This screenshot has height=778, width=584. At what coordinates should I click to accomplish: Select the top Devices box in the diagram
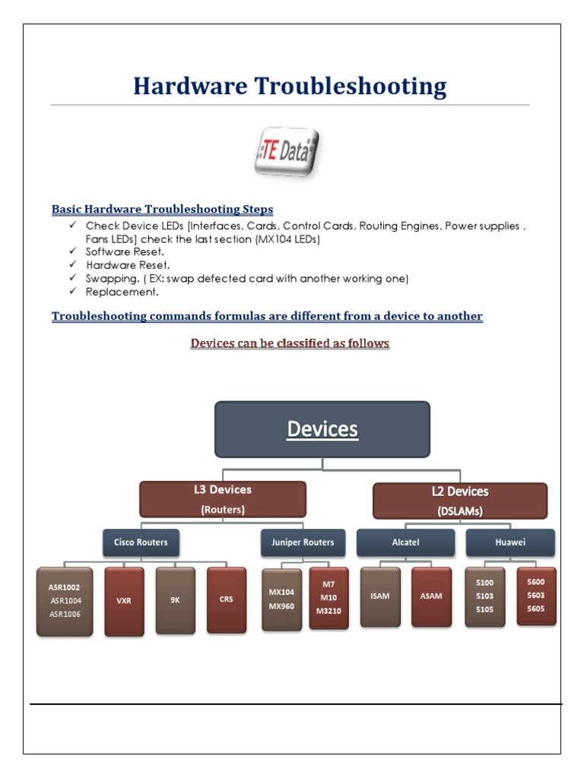322,429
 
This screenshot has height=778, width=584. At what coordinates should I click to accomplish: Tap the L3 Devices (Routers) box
223,499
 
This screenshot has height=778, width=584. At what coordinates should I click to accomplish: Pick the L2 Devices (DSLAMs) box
459,501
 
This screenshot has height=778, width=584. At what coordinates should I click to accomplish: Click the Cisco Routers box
141,542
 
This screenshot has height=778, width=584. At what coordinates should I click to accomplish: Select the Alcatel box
405,542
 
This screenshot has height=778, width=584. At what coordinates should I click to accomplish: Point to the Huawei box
509,542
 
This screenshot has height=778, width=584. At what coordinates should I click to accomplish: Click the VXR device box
124,600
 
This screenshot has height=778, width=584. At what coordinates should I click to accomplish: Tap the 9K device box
175,599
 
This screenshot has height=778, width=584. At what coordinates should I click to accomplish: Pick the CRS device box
227,599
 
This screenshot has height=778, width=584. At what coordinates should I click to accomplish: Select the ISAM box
380,596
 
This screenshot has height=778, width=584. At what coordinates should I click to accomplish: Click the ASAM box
431,596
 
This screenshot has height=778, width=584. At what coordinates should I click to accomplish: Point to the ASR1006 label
65,613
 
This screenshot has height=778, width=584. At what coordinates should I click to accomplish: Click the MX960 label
281,606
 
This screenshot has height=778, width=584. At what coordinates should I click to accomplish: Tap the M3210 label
329,609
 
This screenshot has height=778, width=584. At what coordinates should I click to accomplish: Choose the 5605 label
536,609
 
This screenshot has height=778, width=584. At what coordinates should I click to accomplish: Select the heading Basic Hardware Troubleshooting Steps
162,209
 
